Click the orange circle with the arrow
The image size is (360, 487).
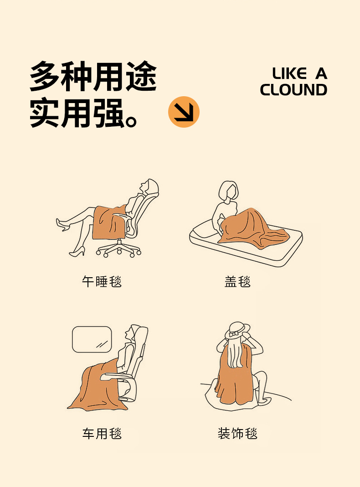184,112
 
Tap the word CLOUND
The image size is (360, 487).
293,90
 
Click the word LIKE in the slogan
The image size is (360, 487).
289,73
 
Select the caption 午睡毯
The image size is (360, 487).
102,281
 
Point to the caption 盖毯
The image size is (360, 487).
237,281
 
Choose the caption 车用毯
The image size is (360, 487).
102,433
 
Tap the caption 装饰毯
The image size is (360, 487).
237,433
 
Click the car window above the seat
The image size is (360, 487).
92,339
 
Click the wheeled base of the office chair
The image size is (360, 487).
118,249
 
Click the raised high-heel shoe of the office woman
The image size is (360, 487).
62,224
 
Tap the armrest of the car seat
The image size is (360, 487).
118,376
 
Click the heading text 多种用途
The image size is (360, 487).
93,76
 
